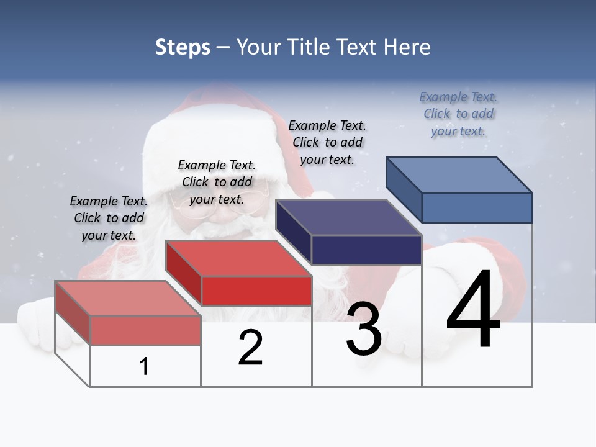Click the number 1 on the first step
pyautogui.click(x=144, y=366)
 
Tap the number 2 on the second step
pyautogui.click(x=250, y=348)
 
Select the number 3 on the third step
pyautogui.click(x=364, y=329)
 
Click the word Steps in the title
pyautogui.click(x=183, y=47)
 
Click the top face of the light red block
pyautogui.click(x=128, y=298)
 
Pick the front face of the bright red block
pyautogui.click(x=256, y=291)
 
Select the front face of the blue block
pyautogui.click(x=477, y=207)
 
